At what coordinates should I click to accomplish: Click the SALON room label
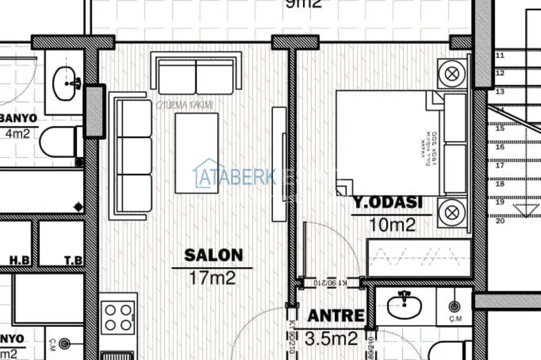213,256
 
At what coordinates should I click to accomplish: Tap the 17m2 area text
213,277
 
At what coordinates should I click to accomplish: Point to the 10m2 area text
393,224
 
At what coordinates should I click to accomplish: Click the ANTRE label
336,315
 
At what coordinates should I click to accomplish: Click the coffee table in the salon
197,153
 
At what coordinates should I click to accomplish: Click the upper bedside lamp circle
453,73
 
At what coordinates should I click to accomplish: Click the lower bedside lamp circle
453,210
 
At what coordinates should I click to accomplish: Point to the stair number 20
500,221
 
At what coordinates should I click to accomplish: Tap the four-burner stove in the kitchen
118,318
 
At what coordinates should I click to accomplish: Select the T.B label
73,260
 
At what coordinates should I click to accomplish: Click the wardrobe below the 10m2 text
419,258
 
